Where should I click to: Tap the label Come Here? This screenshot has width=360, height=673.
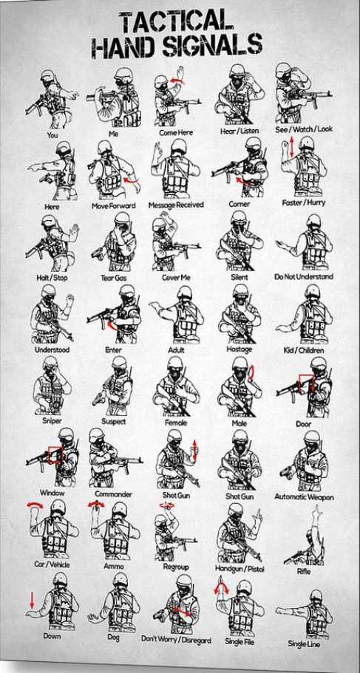(x=177, y=131)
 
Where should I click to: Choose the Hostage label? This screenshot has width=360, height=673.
(x=239, y=348)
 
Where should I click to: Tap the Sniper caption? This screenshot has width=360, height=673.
(x=51, y=421)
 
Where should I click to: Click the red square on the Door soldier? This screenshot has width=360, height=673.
(x=305, y=382)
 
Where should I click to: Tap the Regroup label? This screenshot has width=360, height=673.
(x=176, y=567)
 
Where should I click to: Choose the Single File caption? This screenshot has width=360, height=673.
(x=239, y=642)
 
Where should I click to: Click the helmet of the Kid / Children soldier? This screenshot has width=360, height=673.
(x=312, y=290)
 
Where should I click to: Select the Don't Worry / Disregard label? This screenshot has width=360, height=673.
(x=176, y=639)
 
